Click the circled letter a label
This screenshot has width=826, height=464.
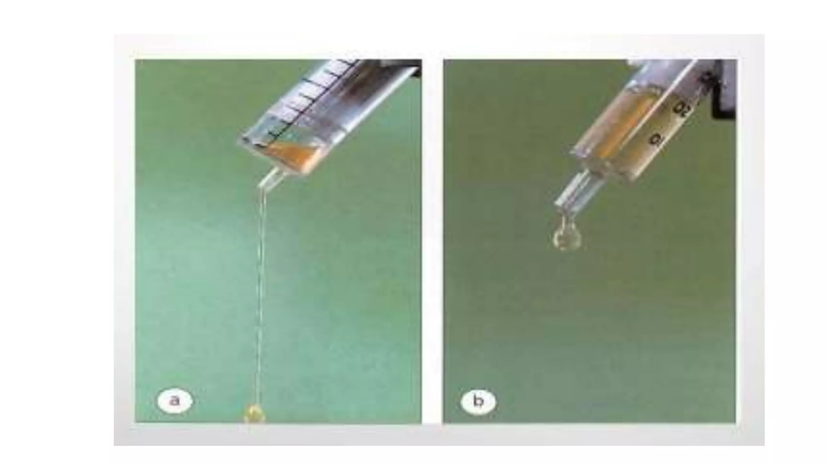click(x=175, y=401)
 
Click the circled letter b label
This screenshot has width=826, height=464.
click(x=478, y=401)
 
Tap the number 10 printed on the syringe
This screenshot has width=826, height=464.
click(x=656, y=139)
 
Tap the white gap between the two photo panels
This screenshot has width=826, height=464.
click(x=432, y=242)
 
